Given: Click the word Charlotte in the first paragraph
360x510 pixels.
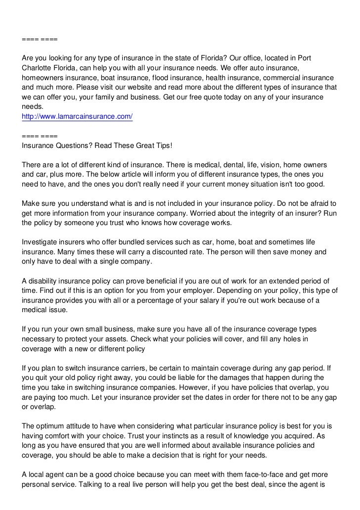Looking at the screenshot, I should pos(38,69).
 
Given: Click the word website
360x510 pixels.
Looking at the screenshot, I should pos(150,88).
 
